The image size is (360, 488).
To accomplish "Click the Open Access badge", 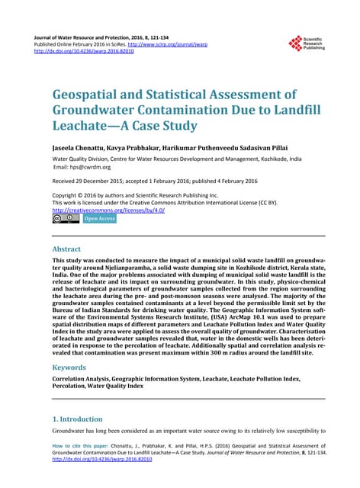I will coord(99,219).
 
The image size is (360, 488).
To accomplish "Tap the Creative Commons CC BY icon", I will coord(66,219).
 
